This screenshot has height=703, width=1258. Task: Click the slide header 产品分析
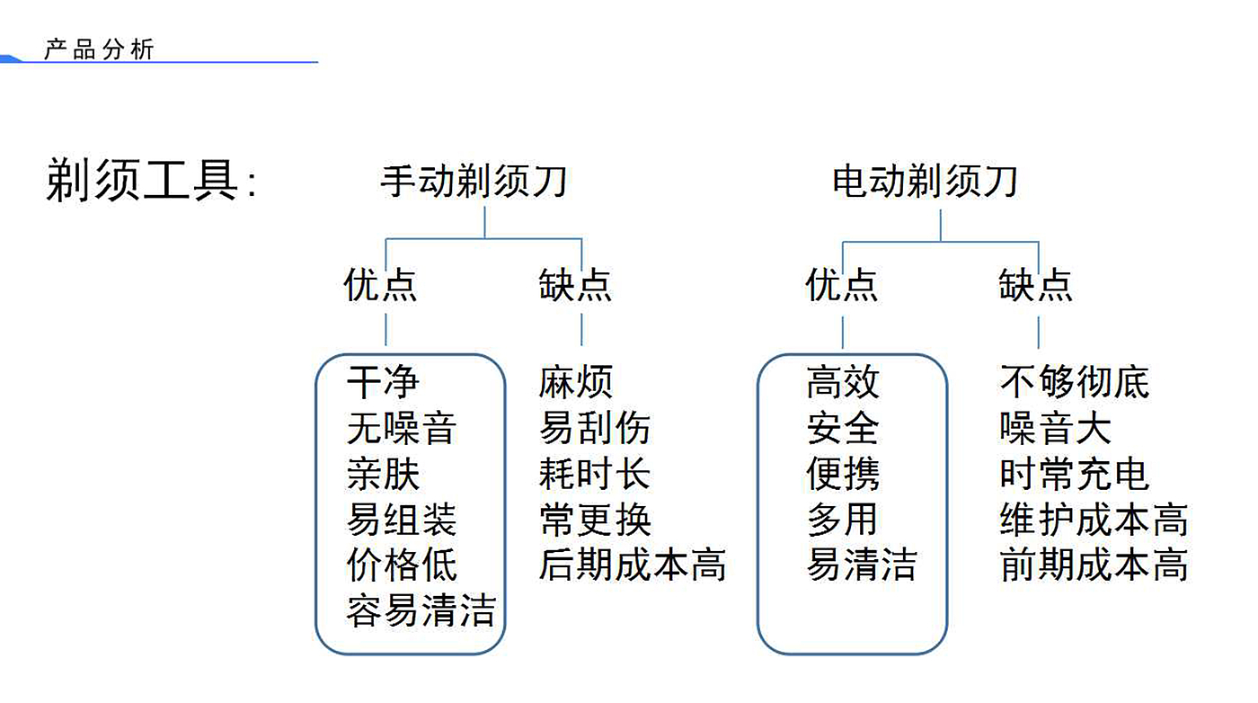click(x=99, y=49)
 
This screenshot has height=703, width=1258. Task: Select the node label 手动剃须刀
click(x=474, y=182)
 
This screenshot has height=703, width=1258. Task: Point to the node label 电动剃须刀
click(x=925, y=182)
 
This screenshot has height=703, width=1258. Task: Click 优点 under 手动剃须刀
click(x=380, y=284)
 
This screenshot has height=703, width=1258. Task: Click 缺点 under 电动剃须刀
click(x=1035, y=284)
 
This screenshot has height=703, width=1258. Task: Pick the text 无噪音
click(x=402, y=428)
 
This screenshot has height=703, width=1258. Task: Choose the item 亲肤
click(x=383, y=474)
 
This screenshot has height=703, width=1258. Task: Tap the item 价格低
click(x=402, y=565)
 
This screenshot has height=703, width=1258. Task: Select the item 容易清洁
click(x=421, y=610)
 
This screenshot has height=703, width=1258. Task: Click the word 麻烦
click(x=576, y=382)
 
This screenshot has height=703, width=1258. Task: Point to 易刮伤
click(x=594, y=428)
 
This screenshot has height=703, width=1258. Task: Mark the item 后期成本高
click(x=633, y=565)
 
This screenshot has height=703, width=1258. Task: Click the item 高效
click(x=843, y=382)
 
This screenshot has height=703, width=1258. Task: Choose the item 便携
click(x=843, y=474)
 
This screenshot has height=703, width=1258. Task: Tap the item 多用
click(x=842, y=520)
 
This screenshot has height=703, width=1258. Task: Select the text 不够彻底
click(x=1075, y=382)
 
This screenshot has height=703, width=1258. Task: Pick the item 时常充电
click(x=1075, y=474)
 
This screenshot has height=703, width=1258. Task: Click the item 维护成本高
click(x=1094, y=520)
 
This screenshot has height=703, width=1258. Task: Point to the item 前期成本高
click(x=1094, y=565)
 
